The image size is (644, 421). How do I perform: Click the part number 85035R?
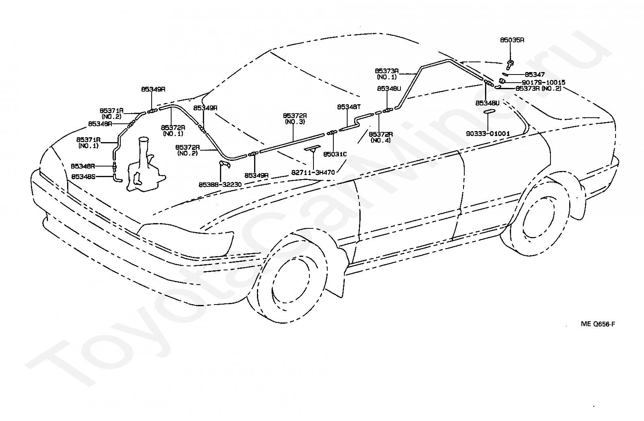coord(512,40)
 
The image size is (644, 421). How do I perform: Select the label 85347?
coord(535,75)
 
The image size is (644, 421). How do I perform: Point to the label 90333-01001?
coord(488,134)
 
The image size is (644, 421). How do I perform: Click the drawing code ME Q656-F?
coord(598,324)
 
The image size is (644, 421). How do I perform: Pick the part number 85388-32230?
coord(220,184)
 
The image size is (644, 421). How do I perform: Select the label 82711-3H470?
coord(313,172)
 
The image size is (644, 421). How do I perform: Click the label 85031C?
coord(335,154)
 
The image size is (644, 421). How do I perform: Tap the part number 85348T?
coord(349,107)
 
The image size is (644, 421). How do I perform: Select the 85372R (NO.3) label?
coord(295,118)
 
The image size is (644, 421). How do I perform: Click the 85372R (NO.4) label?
coord(381,137)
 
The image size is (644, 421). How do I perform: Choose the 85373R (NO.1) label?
coord(387,73)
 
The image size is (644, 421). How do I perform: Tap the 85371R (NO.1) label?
coord(89,143)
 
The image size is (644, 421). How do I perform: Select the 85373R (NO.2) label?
coord(538,88)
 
